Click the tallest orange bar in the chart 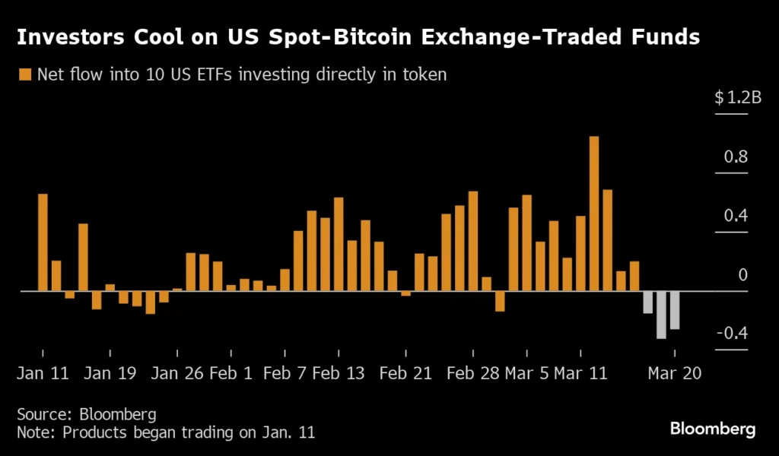[594, 214]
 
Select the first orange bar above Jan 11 [43, 242]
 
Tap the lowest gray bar [661, 315]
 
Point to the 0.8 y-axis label [736, 157]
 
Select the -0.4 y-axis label [732, 334]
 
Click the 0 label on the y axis [743, 275]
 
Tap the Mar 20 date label [674, 374]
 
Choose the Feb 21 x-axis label [405, 374]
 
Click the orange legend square [24, 74]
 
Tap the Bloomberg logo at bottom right [713, 429]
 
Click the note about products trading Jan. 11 [166, 433]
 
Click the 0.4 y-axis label [736, 216]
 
